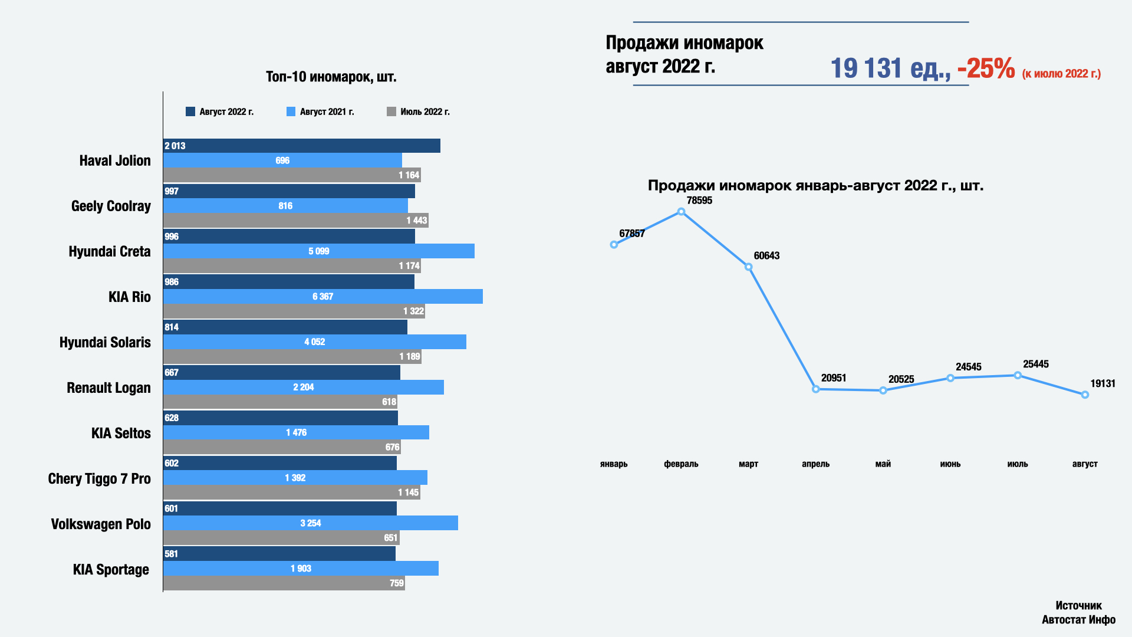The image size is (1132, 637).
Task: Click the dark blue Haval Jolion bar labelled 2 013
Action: (x=301, y=146)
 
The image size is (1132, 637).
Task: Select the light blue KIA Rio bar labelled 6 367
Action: (x=323, y=297)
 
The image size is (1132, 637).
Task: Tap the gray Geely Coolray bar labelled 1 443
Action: (x=295, y=221)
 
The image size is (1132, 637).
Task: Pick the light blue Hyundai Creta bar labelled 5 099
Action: (x=318, y=251)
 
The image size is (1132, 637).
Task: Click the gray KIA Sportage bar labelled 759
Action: (x=284, y=583)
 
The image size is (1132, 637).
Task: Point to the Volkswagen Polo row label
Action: (x=101, y=524)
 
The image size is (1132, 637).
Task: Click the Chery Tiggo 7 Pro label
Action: (x=99, y=478)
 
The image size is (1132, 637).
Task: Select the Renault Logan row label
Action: (x=108, y=388)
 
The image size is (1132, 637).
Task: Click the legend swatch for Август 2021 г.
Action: (x=291, y=111)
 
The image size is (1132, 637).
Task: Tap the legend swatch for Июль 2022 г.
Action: (x=391, y=111)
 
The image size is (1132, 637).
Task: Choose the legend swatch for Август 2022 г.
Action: (x=190, y=111)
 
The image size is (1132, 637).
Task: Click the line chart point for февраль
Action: (x=681, y=212)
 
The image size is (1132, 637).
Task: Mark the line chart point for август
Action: (x=1085, y=395)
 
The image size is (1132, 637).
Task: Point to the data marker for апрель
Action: (x=816, y=389)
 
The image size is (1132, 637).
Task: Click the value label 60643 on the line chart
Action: (x=766, y=255)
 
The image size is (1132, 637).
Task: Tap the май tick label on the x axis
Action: (x=883, y=464)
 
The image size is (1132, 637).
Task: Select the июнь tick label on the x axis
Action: (x=950, y=464)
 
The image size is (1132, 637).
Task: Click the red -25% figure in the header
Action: (x=986, y=68)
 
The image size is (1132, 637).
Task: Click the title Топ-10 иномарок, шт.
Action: (x=331, y=77)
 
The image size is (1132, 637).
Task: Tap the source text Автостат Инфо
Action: (x=1078, y=619)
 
